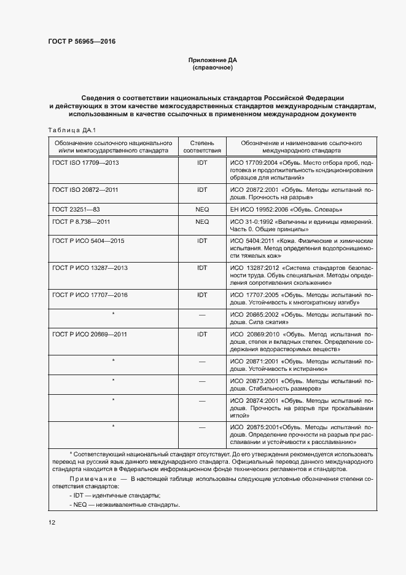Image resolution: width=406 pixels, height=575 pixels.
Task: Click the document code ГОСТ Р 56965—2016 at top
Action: [82, 41]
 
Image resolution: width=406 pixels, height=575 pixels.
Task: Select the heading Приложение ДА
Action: [212, 60]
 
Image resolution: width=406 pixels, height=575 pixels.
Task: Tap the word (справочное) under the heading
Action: [212, 67]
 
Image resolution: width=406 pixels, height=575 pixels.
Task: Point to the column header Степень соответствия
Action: [202, 146]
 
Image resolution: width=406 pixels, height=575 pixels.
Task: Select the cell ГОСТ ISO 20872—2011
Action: [85, 190]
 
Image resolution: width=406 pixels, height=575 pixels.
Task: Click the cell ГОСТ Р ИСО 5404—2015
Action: [88, 240]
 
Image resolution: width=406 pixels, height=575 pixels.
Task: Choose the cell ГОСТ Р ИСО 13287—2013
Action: [90, 268]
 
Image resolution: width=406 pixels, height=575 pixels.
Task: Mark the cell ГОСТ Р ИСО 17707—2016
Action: [90, 295]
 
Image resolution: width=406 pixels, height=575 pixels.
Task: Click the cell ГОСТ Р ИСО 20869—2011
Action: [90, 334]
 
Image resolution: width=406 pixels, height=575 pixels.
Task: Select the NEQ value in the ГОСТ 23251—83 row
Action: [202, 210]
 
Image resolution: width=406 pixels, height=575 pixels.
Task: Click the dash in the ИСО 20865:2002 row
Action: [202, 315]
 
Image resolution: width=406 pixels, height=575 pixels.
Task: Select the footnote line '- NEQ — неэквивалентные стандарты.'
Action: [125, 504]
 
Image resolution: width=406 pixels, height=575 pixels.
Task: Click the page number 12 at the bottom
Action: [52, 522]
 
